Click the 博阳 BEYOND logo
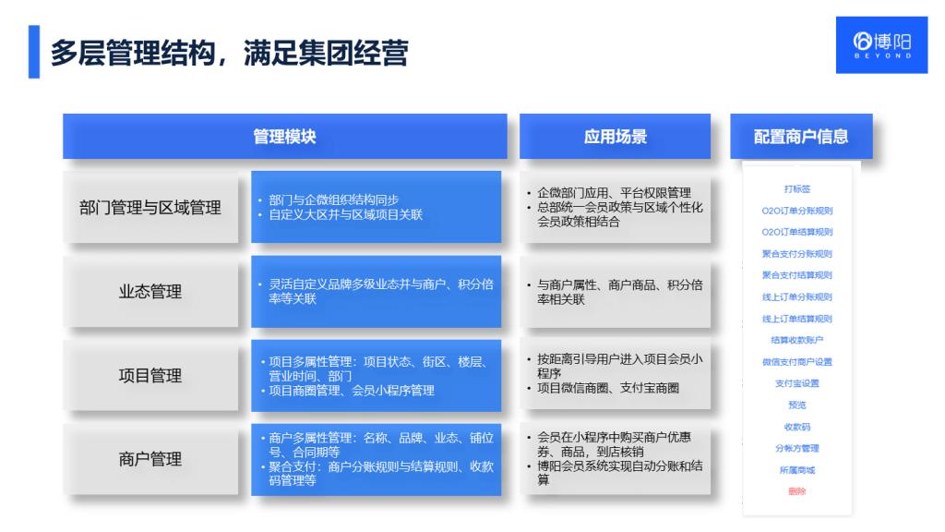[x=881, y=44]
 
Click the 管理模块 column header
[x=284, y=137]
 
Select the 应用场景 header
[x=615, y=137]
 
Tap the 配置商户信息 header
[x=800, y=137]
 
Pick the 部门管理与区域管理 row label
[x=150, y=208]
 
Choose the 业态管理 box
[x=150, y=292]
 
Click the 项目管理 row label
[x=150, y=376]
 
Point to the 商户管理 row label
[x=150, y=459]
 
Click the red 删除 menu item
[x=797, y=491]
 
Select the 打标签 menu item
[x=797, y=189]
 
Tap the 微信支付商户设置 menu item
[x=797, y=362]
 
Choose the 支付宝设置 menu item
[x=797, y=383]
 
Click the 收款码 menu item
[x=797, y=427]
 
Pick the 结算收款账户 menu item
[x=797, y=340]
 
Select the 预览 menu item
[x=797, y=405]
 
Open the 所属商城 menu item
[x=797, y=470]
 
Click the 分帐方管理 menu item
[x=797, y=448]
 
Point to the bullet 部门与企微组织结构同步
[x=333, y=199]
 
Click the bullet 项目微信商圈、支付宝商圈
[x=608, y=388]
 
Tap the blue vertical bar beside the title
[x=34, y=52]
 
